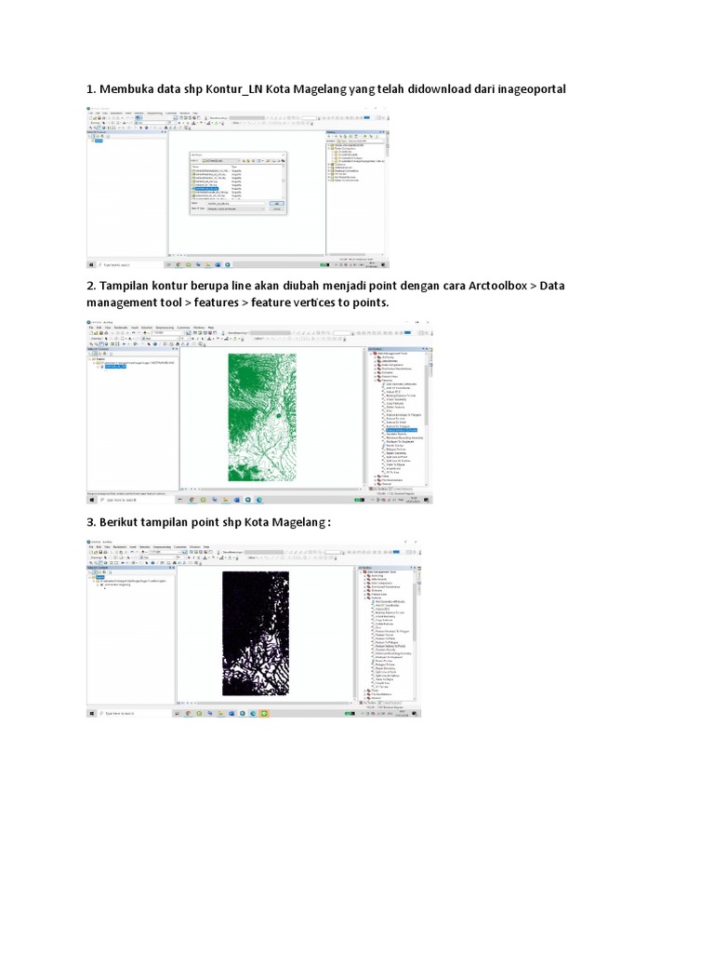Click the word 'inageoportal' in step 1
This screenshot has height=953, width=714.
click(525, 88)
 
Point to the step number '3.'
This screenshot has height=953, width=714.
click(91, 522)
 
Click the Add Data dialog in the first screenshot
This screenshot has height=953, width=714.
click(237, 182)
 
